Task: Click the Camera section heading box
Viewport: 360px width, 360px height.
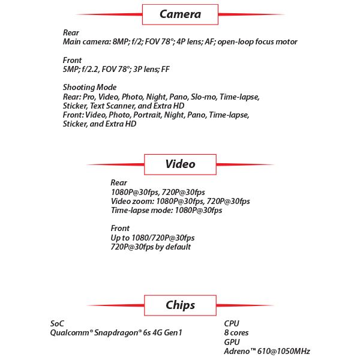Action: point(180,14)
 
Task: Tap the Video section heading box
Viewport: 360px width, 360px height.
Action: point(180,164)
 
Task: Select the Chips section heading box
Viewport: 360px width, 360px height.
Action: point(180,305)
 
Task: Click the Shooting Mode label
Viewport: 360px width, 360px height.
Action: point(89,88)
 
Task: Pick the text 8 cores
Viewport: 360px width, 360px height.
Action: point(236,333)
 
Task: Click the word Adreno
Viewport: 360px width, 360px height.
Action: point(238,351)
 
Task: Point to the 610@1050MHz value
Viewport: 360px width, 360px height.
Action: point(283,351)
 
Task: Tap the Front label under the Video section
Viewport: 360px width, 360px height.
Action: point(120,229)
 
